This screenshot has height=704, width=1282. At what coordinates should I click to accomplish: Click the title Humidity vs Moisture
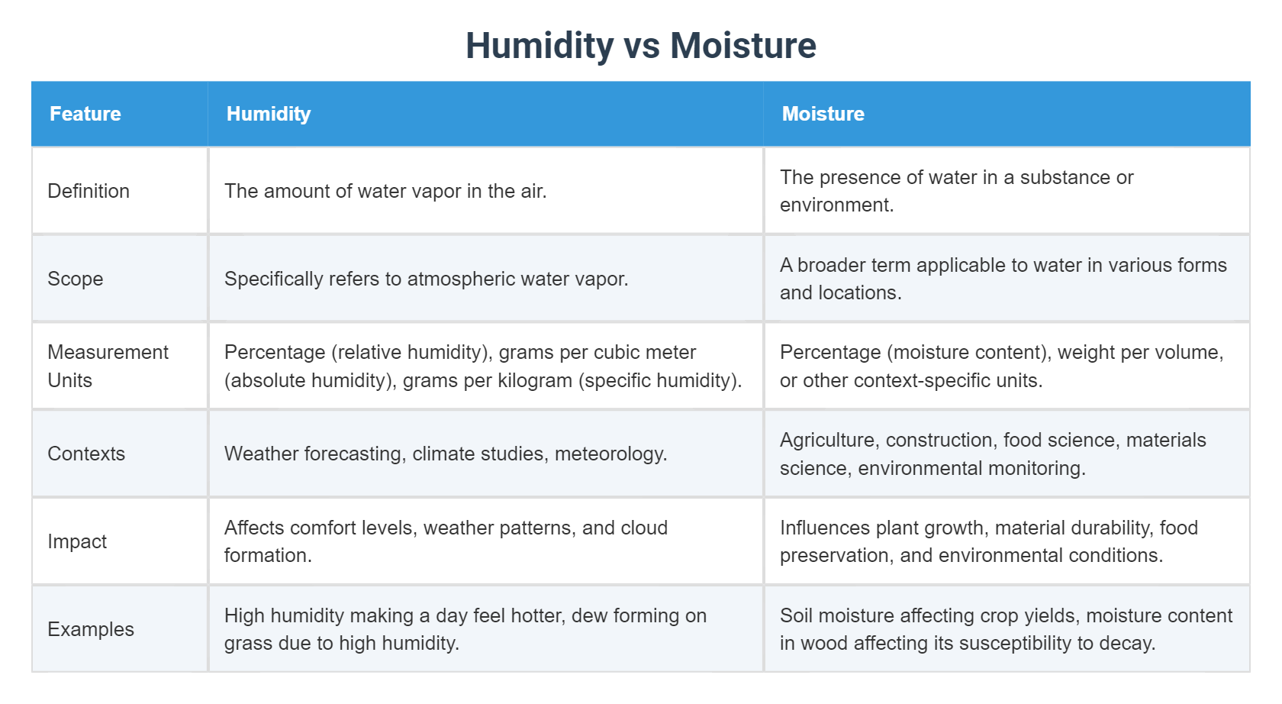point(641,46)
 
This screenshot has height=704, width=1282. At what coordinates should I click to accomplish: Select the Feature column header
point(85,114)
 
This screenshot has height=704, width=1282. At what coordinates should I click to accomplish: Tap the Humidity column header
point(269,114)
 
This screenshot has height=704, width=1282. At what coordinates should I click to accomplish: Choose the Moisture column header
point(823,114)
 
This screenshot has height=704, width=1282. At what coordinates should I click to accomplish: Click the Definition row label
point(89,191)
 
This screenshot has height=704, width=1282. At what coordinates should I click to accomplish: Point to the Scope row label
point(75,279)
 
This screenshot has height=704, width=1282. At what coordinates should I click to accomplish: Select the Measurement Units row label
point(108,366)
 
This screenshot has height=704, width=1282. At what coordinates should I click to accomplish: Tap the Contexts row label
point(86,454)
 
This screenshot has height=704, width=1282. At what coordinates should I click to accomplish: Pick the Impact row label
point(77,541)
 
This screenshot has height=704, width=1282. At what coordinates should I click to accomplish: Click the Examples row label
point(91,629)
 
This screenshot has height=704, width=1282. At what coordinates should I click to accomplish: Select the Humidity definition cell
point(385,191)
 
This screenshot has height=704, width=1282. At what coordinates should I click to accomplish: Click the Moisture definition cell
point(956,191)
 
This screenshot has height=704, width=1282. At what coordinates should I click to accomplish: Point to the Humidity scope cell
point(426,279)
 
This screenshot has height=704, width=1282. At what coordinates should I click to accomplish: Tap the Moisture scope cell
point(1003,279)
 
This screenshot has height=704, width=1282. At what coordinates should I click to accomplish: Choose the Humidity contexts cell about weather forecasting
point(446,454)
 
